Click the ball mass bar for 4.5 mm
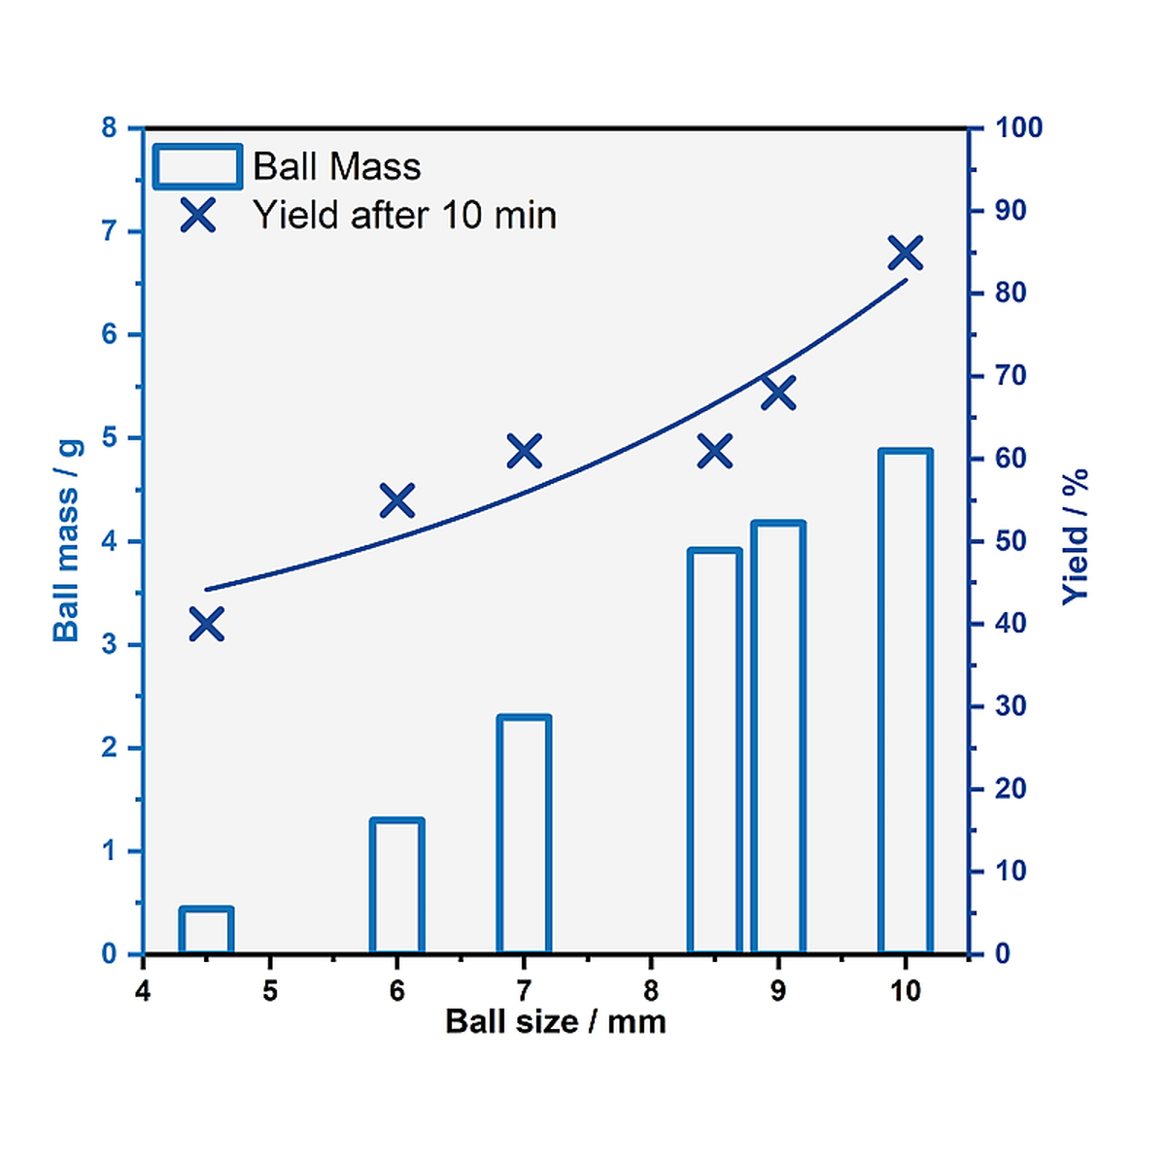tap(206, 931)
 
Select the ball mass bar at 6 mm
tap(396, 886)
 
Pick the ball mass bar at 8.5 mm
tap(715, 750)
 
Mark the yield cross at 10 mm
tap(906, 254)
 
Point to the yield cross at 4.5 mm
tap(206, 624)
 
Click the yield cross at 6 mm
tap(396, 501)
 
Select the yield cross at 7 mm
tap(524, 451)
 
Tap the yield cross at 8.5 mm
tap(715, 451)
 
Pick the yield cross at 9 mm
tap(778, 393)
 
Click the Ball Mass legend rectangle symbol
tap(197, 167)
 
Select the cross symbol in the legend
tap(197, 215)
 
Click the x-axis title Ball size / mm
tap(556, 1021)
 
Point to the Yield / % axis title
tap(1075, 537)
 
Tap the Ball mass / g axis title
tap(66, 540)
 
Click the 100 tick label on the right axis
tap(1018, 127)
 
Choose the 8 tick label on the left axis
tap(108, 127)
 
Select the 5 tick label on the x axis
tap(269, 990)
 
